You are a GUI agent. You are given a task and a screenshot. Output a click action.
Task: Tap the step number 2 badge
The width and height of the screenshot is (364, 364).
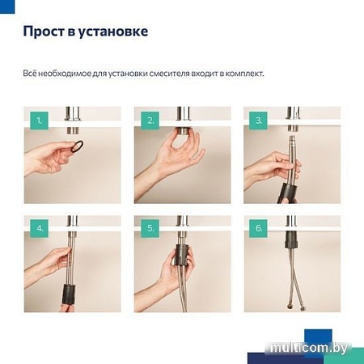point(150,121)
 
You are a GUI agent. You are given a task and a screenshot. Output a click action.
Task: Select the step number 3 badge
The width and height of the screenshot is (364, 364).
point(259,121)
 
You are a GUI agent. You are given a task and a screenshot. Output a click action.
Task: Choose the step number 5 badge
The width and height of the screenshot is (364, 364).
point(150,229)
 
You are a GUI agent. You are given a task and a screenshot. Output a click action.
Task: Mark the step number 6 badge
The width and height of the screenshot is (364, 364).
point(259,229)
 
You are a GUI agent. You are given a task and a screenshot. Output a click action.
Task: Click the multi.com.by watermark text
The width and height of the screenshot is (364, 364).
point(320,348)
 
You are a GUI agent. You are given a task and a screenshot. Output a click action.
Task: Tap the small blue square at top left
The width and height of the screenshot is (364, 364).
point(7,6)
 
